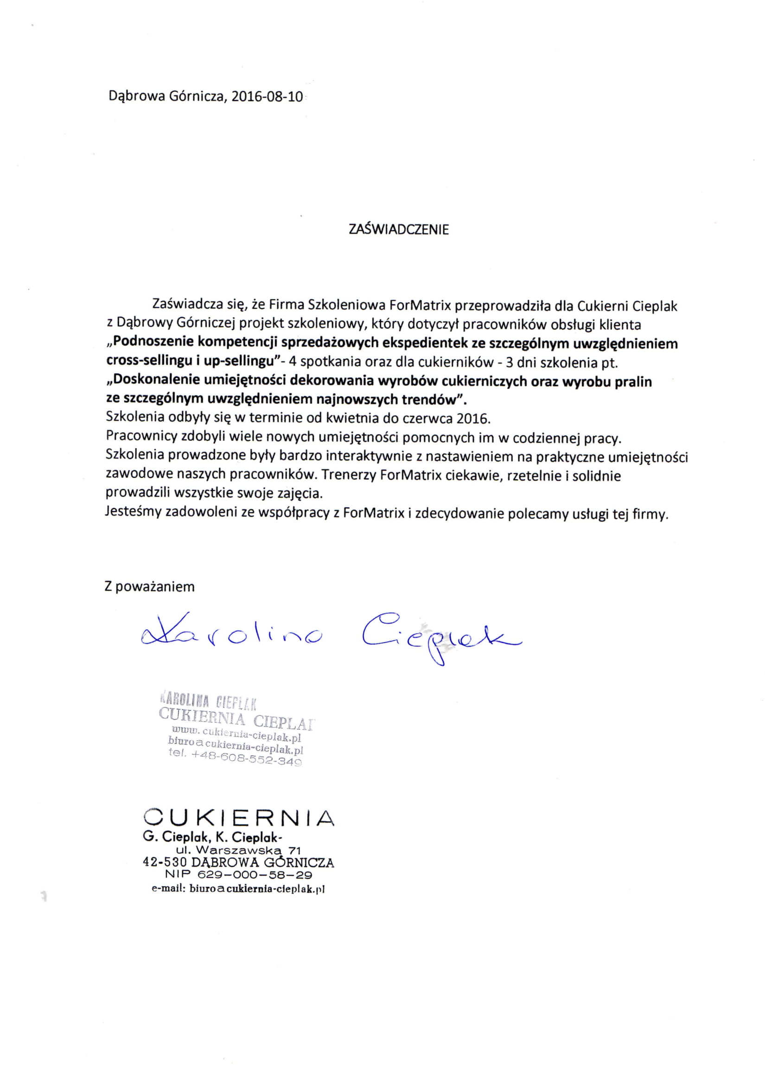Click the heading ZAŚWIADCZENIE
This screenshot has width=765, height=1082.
click(399, 229)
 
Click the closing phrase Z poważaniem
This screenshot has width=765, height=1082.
click(149, 587)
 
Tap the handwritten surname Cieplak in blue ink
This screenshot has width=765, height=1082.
click(441, 636)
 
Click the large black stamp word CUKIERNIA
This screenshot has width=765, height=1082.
click(238, 818)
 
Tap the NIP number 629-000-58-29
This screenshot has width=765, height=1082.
click(255, 874)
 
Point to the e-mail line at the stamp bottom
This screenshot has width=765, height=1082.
click(238, 889)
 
